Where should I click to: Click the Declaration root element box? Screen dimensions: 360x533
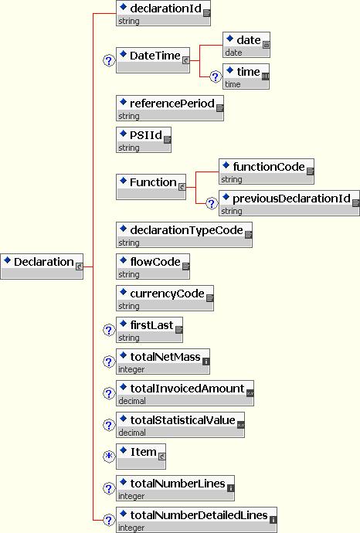[42, 266]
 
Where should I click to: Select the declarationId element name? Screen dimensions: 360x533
[165, 8]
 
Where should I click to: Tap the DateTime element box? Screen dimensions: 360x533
[153, 60]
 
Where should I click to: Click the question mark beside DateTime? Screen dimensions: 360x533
[109, 61]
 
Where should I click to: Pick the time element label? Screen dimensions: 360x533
[248, 72]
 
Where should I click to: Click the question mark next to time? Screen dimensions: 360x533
[216, 76]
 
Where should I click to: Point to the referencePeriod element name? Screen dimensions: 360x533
[172, 104]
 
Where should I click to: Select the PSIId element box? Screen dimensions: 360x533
[144, 140]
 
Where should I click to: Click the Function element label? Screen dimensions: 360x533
[153, 182]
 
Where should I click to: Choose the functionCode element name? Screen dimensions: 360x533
[269, 167]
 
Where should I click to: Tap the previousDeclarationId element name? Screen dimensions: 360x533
[291, 199]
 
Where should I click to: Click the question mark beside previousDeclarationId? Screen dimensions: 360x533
[212, 203]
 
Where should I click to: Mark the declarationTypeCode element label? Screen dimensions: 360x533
[186, 230]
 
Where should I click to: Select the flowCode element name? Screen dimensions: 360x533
[155, 262]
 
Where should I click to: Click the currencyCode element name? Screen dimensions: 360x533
[167, 294]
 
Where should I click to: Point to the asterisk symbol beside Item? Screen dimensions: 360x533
[109, 456]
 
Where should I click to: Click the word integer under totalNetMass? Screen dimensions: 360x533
[131, 369]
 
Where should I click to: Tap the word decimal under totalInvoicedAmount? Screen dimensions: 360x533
[132, 401]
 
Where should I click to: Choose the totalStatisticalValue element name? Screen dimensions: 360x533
[182, 420]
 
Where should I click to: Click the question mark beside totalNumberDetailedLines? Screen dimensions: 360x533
[109, 520]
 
